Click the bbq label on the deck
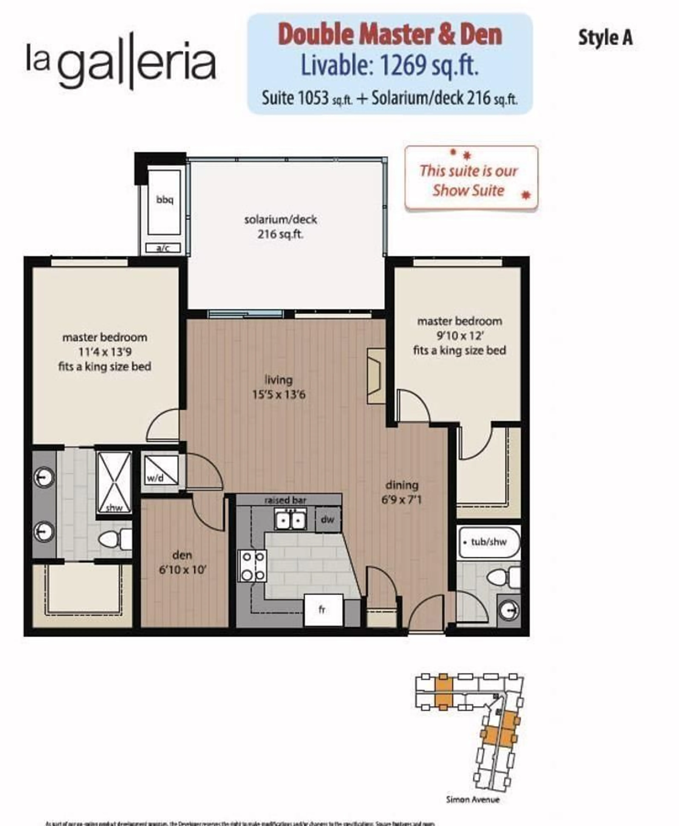[165, 200]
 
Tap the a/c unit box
[163, 248]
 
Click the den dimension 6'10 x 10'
[182, 570]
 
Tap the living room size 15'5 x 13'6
[278, 394]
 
